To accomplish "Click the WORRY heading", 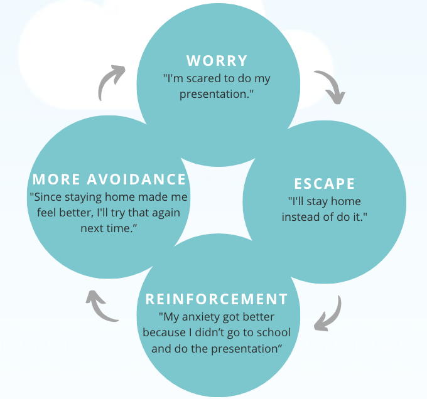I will (217, 61).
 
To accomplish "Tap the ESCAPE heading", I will (325, 184).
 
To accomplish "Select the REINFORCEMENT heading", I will (217, 299).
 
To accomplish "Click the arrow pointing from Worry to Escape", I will (330, 87).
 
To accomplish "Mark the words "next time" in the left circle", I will (108, 228).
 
